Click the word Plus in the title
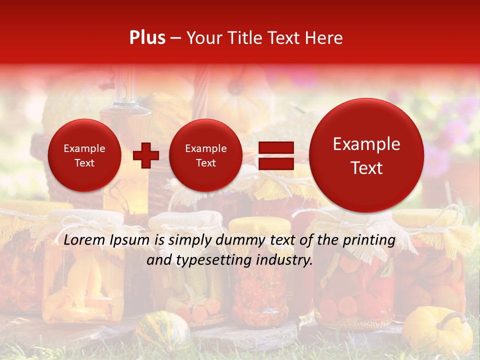click(x=147, y=38)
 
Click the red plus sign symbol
click(x=145, y=155)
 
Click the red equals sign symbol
click(x=275, y=155)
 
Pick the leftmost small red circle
click(x=84, y=155)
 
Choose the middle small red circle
click(x=205, y=155)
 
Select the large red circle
click(x=366, y=155)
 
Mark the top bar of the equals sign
click(x=275, y=147)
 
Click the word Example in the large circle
click(x=366, y=144)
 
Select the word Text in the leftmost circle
click(x=84, y=162)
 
